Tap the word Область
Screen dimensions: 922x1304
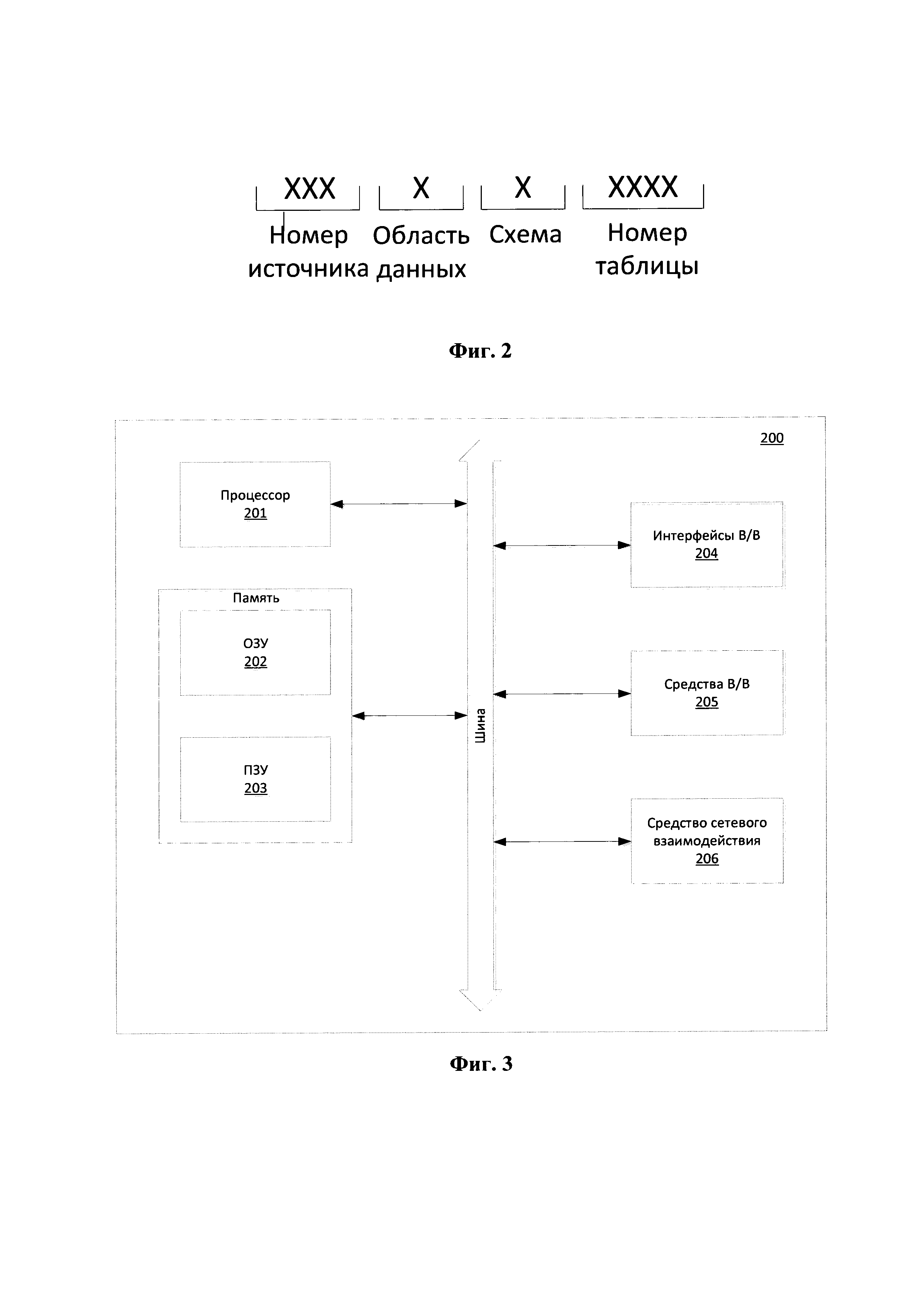click(421, 235)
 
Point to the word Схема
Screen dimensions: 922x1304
click(525, 234)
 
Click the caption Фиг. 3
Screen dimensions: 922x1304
click(481, 1063)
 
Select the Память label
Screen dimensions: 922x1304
click(256, 598)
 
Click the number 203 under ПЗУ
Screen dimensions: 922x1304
click(255, 788)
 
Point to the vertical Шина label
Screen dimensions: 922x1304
click(480, 726)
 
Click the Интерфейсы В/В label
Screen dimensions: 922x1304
click(706, 535)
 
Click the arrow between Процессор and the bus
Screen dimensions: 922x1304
click(399, 503)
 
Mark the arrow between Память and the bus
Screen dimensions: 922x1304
click(409, 716)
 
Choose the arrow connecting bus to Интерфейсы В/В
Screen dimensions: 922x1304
click(562, 545)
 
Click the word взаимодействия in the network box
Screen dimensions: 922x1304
click(707, 841)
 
